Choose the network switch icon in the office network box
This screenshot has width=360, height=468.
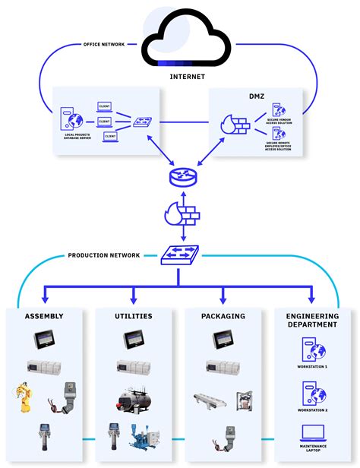coord(142,122)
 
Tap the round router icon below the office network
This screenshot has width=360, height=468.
coord(180,176)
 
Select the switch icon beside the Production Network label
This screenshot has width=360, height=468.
coord(180,256)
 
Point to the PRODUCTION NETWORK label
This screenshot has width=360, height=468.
coord(104,256)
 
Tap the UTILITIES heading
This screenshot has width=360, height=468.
coord(133,316)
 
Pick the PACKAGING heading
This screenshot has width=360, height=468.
coord(223,316)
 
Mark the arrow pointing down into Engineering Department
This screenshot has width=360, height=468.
coord(311,297)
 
